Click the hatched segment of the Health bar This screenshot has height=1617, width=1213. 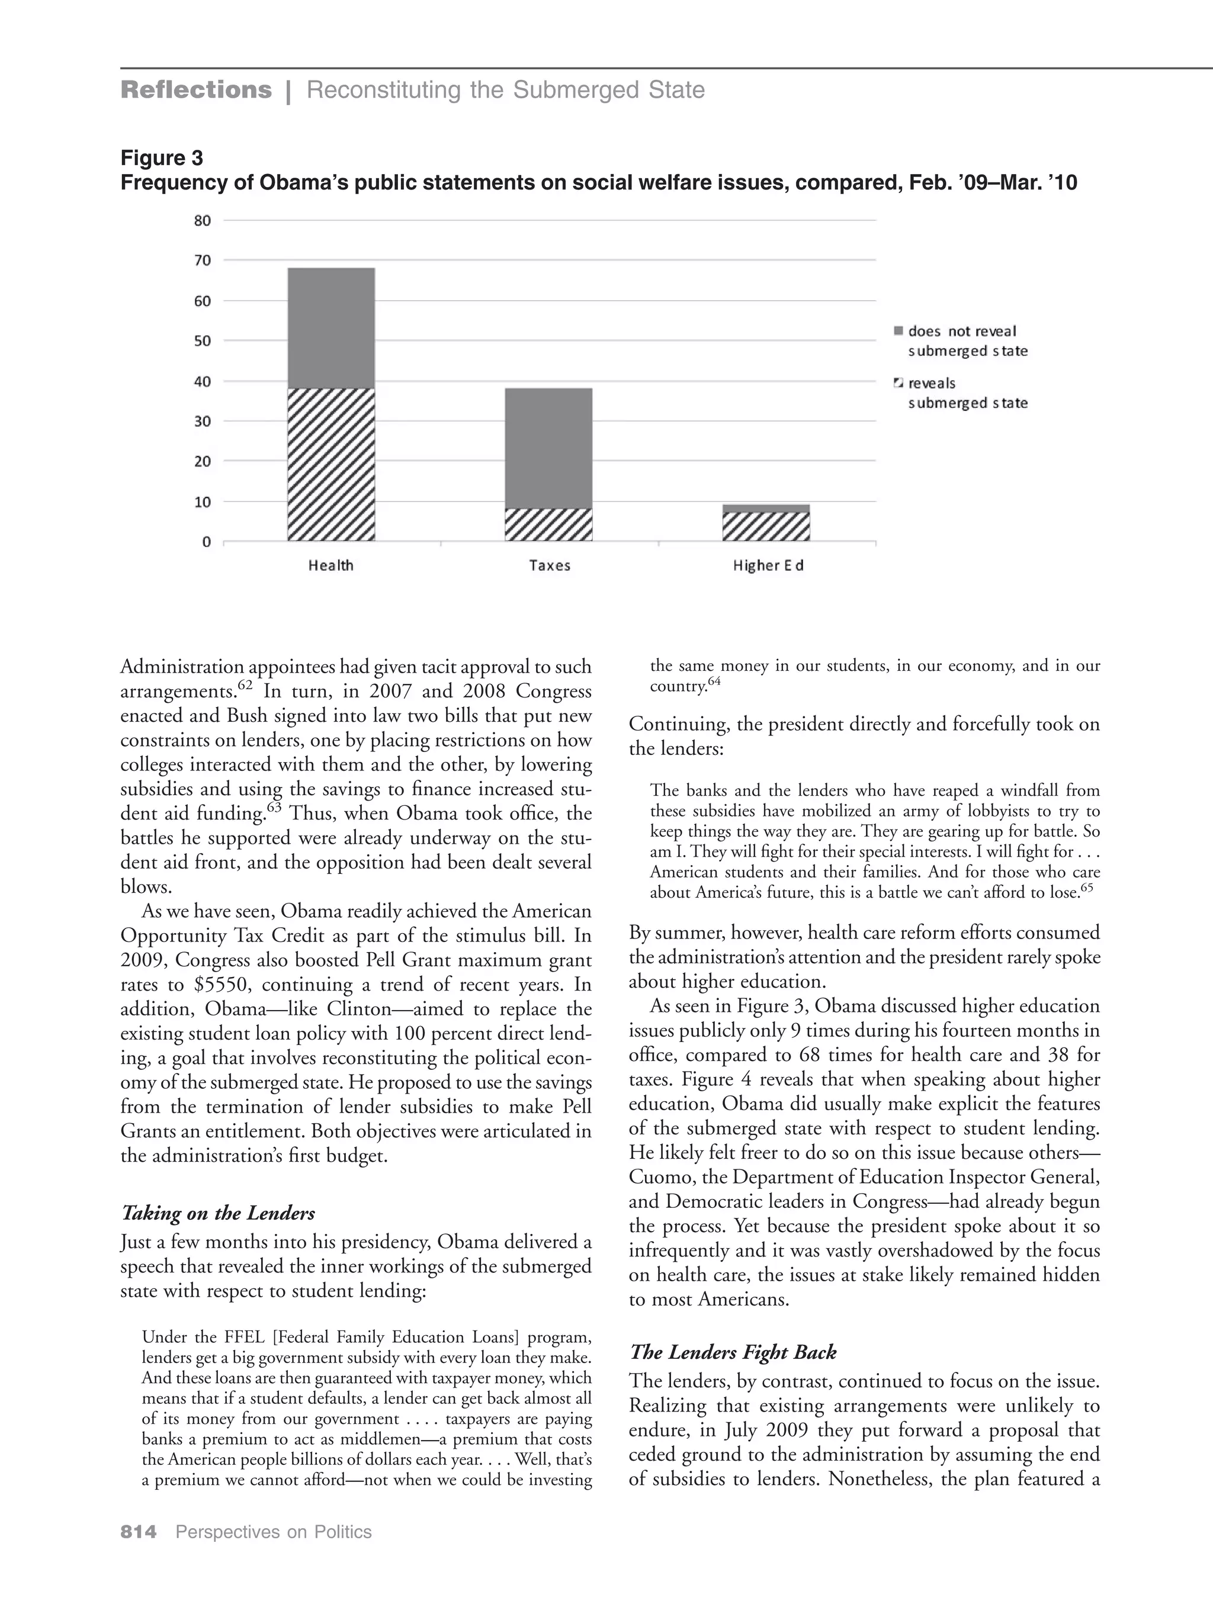click(330, 464)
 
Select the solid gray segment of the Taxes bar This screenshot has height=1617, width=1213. click(548, 448)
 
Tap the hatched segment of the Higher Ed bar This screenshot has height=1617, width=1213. click(765, 526)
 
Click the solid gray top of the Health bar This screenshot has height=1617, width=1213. click(330, 327)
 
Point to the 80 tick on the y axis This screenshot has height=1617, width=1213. click(203, 220)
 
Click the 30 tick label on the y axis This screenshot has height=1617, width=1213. click(203, 421)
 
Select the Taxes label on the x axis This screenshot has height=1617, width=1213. click(549, 565)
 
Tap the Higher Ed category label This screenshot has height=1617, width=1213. click(768, 565)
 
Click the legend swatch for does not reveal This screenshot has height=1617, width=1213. click(899, 331)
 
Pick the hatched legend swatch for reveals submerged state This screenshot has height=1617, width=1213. click(899, 383)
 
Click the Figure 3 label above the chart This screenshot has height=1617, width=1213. click(162, 158)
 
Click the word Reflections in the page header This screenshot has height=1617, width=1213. click(196, 90)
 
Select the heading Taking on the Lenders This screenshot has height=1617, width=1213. click(217, 1213)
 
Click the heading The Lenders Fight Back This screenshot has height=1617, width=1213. click(733, 1352)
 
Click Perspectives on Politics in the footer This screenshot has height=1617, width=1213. click(274, 1532)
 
